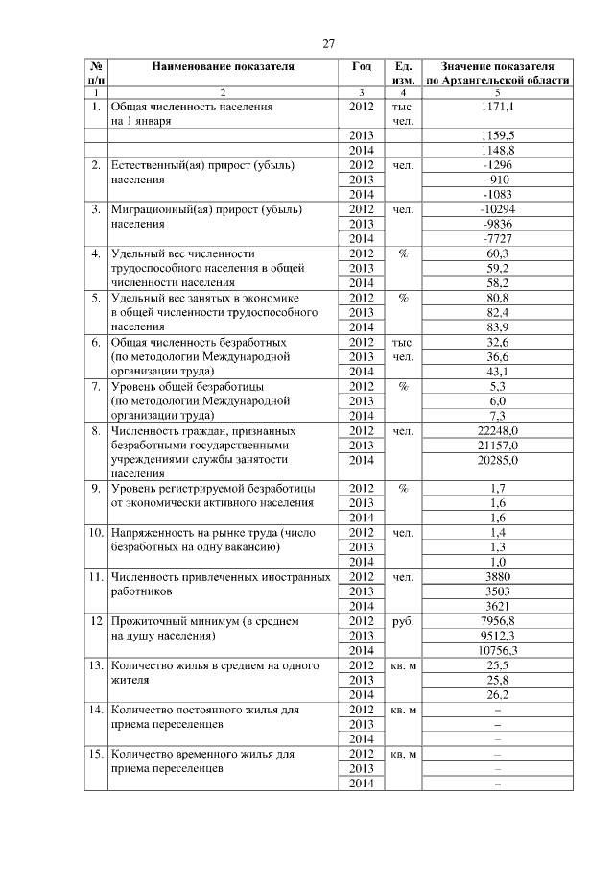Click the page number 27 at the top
(328, 44)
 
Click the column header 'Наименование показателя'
(223, 67)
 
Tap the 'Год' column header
(361, 67)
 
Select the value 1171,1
(499, 108)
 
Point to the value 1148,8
(499, 151)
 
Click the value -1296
(499, 165)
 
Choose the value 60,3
(499, 253)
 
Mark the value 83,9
(499, 326)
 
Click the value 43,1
(499, 371)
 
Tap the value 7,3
(499, 415)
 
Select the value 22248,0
(499, 430)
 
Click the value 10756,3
(499, 650)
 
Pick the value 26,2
(499, 694)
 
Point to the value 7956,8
(499, 621)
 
